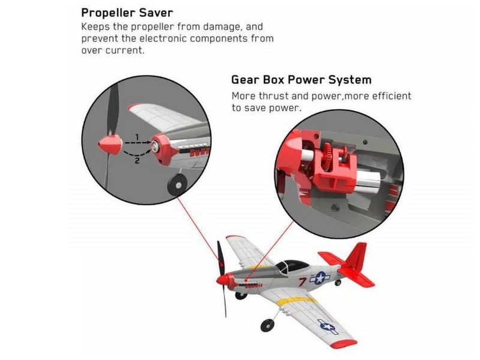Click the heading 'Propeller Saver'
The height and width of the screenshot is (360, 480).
127,13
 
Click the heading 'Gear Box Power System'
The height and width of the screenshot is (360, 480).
301,80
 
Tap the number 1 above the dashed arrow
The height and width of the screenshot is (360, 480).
137,137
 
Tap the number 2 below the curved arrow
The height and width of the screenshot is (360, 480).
137,160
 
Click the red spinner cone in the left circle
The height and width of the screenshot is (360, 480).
110,144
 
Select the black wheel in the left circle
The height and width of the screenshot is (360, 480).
178,184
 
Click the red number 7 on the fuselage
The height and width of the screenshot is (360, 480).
302,281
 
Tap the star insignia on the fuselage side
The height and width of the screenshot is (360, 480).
320,278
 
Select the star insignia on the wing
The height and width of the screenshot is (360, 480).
328,326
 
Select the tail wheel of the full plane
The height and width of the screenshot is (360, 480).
338,283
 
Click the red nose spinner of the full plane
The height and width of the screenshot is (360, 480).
222,280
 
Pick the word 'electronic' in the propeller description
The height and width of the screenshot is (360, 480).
163,38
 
